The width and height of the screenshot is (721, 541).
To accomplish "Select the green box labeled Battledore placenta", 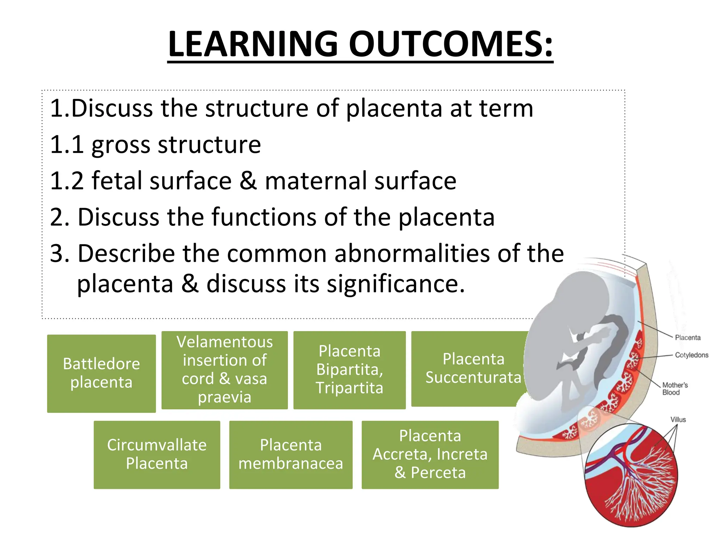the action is click(101, 373).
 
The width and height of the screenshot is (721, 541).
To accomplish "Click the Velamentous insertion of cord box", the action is click(225, 370).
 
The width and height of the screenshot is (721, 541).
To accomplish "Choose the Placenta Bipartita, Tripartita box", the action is click(349, 370).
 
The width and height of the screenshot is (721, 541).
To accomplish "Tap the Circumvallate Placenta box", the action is click(157, 454).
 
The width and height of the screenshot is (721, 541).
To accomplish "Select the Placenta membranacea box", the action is click(290, 454).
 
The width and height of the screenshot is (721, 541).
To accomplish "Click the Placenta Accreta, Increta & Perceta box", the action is click(430, 454).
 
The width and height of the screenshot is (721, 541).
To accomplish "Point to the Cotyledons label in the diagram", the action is click(691, 355).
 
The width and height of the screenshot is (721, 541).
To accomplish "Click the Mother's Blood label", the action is click(675, 388).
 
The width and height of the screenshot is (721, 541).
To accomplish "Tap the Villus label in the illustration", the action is click(678, 419).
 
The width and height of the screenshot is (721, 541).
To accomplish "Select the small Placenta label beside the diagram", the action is click(688, 337).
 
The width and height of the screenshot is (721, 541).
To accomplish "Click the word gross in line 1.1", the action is click(121, 145).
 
